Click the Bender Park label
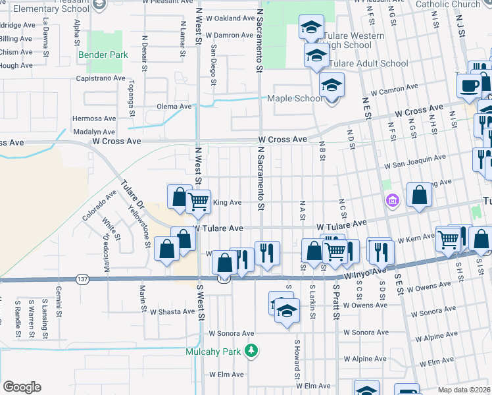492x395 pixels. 103,55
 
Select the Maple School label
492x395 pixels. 294,99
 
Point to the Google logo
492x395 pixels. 22,386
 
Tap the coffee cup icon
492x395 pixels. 470,86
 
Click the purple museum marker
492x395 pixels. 393,200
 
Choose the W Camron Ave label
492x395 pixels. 394,87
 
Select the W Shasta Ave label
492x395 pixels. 172,312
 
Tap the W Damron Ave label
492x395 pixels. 229,35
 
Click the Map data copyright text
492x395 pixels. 464,390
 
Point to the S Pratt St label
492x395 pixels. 335,298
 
